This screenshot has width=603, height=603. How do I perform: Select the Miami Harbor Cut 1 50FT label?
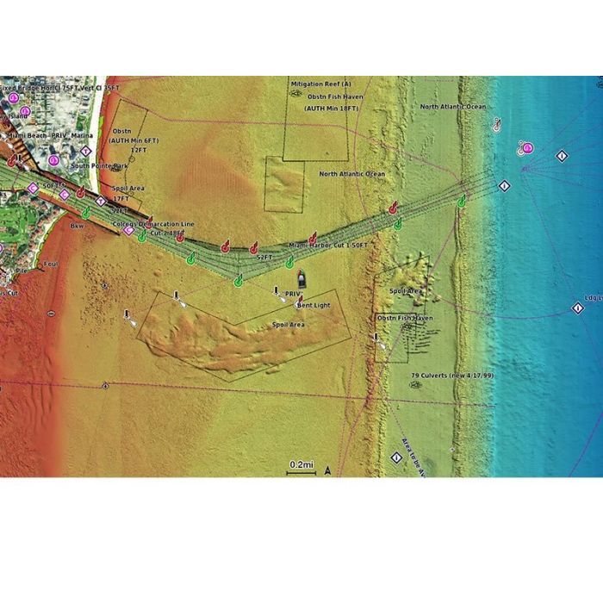(328, 246)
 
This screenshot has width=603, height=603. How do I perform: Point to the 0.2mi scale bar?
(301, 466)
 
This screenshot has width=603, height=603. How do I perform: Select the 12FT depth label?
(138, 149)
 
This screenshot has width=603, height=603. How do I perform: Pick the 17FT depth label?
(121, 199)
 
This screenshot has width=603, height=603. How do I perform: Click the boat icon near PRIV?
(302, 278)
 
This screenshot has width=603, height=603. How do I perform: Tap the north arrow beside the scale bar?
(326, 470)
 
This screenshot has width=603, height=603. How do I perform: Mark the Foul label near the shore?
(50, 264)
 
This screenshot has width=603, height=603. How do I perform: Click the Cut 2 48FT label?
(167, 233)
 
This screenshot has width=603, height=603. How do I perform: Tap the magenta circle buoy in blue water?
(527, 148)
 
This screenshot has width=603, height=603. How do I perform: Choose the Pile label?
(21, 270)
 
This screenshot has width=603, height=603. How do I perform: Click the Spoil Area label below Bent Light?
(289, 325)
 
